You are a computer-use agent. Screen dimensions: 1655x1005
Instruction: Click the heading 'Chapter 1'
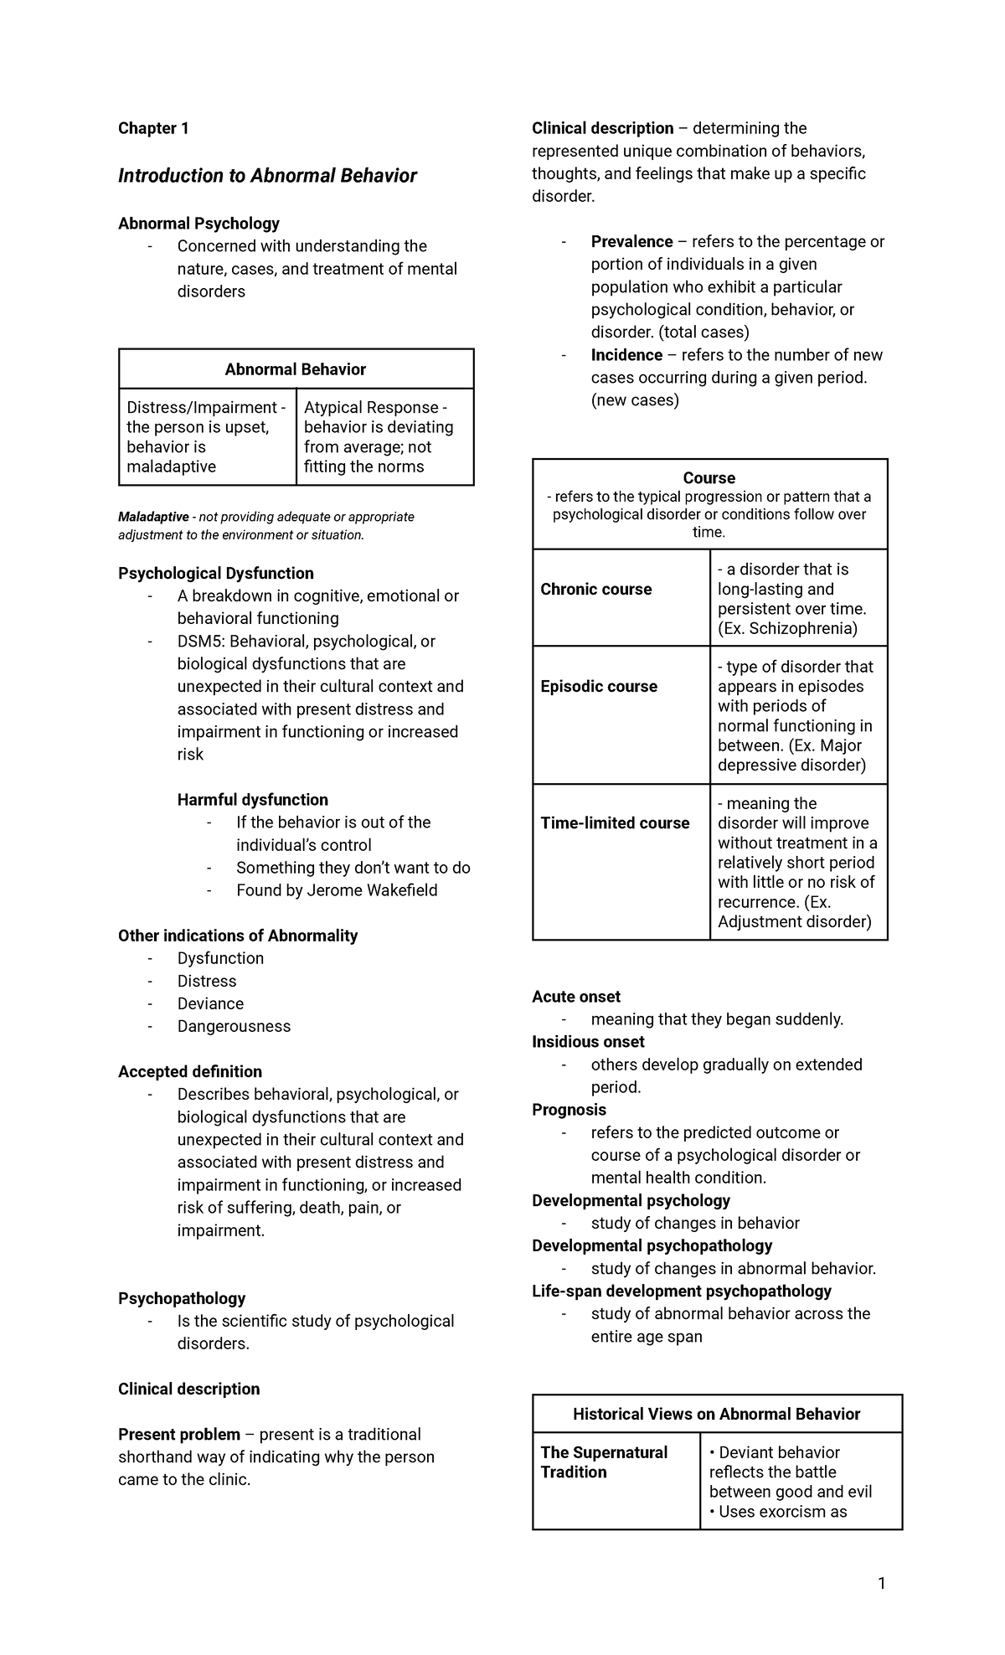pos(153,128)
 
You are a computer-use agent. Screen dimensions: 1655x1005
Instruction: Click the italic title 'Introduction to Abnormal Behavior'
pos(267,176)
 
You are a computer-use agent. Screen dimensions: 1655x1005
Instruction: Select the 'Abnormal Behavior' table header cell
pos(296,369)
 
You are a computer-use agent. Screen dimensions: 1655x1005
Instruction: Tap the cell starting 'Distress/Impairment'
pos(207,436)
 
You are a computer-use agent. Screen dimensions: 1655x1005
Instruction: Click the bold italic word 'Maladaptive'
pos(153,517)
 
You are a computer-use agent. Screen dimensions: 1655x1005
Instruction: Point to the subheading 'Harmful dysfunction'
pos(252,800)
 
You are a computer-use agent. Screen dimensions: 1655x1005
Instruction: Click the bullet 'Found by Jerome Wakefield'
pos(337,890)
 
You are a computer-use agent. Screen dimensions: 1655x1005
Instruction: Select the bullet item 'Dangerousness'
pos(234,1026)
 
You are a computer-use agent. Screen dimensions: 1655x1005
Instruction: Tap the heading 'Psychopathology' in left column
pos(182,1298)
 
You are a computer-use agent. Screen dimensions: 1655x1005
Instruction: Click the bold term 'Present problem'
pos(179,1435)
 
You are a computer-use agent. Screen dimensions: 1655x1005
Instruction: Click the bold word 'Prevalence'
pos(631,242)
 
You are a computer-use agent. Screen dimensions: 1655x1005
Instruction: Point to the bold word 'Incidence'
pos(626,355)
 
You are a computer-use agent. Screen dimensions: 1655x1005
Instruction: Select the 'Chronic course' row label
pos(595,590)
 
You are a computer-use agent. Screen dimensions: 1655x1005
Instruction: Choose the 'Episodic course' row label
pos(599,687)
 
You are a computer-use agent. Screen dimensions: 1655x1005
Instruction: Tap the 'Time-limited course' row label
pos(615,823)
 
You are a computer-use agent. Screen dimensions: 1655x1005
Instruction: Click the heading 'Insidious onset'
pos(588,1042)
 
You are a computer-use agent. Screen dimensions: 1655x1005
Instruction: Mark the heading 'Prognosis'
pos(569,1110)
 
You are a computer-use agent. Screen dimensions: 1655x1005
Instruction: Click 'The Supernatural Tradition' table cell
pos(604,1462)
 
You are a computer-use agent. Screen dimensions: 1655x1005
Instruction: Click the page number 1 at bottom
pos(881,1583)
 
